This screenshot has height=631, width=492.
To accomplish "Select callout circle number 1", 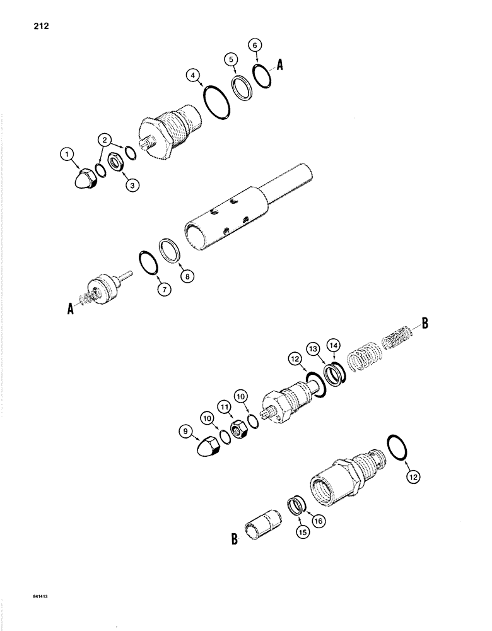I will pyautogui.click(x=65, y=153).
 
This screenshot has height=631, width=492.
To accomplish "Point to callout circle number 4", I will pyautogui.click(x=193, y=76).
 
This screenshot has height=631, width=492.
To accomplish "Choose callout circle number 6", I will pyautogui.click(x=254, y=45).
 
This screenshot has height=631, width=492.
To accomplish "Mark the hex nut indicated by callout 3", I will pyautogui.click(x=116, y=177).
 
